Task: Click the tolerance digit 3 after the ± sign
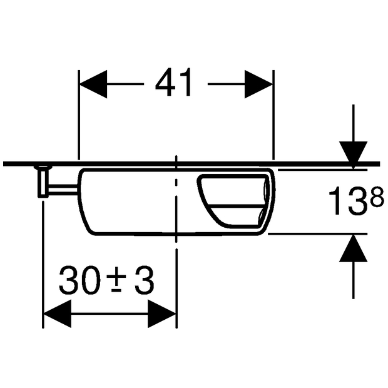coord(144,282)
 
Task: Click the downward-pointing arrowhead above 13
coord(354,153)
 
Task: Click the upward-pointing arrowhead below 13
coord(354,248)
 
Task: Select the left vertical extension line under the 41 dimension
coord(78,125)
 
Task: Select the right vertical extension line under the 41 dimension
coord(273,125)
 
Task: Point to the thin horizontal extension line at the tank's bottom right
coord(313,234)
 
